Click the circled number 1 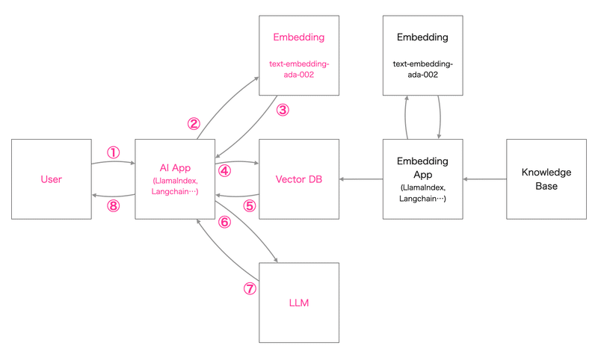tap(113, 152)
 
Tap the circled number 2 tap(194, 123)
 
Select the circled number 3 tap(282, 110)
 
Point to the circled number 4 tap(224, 171)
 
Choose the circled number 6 tap(224, 222)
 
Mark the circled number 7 tap(250, 288)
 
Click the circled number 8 tap(113, 205)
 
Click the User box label tap(52, 179)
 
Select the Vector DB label tap(299, 179)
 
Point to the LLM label tap(299, 303)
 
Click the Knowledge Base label tap(546, 179)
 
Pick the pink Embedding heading tap(299, 37)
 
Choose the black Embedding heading tap(423, 37)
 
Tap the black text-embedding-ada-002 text tap(423, 69)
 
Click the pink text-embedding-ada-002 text tap(299, 69)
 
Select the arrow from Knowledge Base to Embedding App tap(484, 179)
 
